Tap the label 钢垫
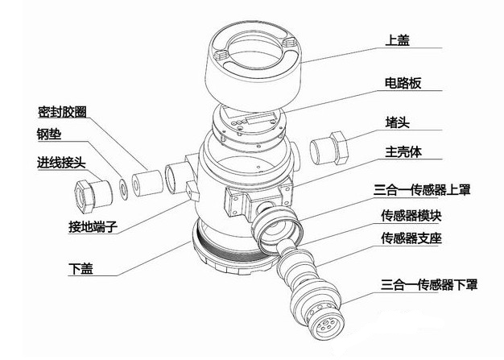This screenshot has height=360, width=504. tap(49, 135)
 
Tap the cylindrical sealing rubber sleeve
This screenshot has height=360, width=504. tap(144, 182)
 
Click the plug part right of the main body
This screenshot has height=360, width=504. tap(330, 150)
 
